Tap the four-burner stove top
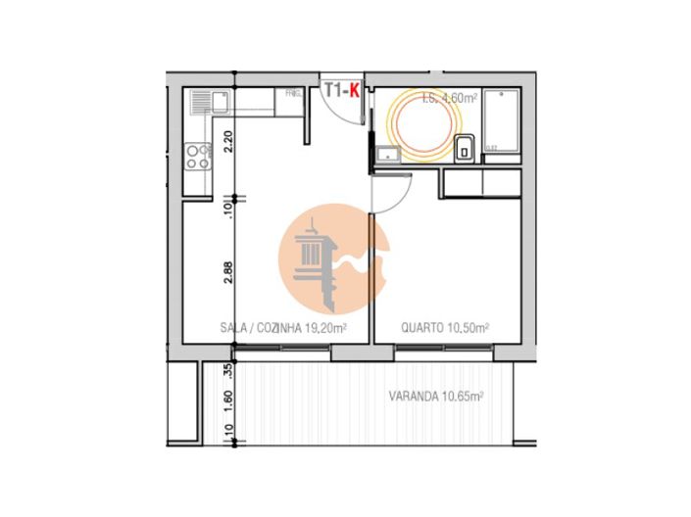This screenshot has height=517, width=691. coord(198,157)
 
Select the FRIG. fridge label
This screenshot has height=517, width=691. coord(292,94)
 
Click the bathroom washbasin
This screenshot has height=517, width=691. coord(387,153)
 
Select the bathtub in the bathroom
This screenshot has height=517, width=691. coord(504,127)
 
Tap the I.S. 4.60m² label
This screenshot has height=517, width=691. coord(448,97)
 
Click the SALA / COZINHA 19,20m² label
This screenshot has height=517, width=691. coord(280,329)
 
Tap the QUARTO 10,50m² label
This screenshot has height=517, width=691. coord(446,329)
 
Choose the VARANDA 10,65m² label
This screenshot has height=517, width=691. coord(436,397)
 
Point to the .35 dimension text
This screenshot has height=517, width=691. coord(227,371)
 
